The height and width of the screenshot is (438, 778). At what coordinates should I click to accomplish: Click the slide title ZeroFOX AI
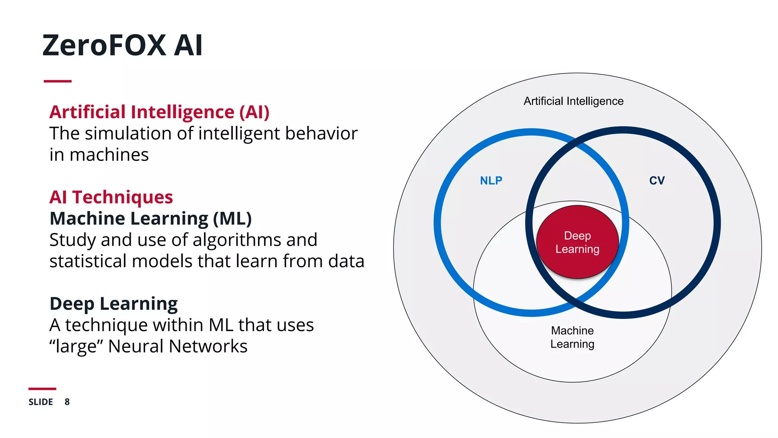click(122, 45)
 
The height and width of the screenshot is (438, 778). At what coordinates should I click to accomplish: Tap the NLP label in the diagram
click(491, 181)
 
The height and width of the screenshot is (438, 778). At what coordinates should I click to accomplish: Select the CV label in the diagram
click(657, 181)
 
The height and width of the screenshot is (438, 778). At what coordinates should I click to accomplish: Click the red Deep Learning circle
click(577, 242)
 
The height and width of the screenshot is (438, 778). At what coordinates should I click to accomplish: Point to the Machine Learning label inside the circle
click(572, 337)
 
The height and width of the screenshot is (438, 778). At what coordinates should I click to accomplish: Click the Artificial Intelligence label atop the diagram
click(573, 101)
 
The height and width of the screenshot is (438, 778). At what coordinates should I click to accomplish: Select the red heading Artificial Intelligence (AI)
click(159, 112)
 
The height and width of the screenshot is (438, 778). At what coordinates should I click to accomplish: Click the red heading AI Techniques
click(111, 197)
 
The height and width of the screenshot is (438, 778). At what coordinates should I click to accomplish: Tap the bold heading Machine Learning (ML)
click(150, 219)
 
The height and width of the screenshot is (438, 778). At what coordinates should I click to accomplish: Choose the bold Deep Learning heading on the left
click(114, 304)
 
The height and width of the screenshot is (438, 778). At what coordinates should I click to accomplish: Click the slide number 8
click(67, 402)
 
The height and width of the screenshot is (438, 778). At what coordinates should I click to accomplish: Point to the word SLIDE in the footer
click(41, 402)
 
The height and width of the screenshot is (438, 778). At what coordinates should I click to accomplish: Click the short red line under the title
click(57, 81)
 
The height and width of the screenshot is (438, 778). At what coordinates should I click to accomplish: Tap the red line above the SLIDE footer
click(42, 389)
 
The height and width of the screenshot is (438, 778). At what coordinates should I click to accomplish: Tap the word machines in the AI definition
click(109, 155)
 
